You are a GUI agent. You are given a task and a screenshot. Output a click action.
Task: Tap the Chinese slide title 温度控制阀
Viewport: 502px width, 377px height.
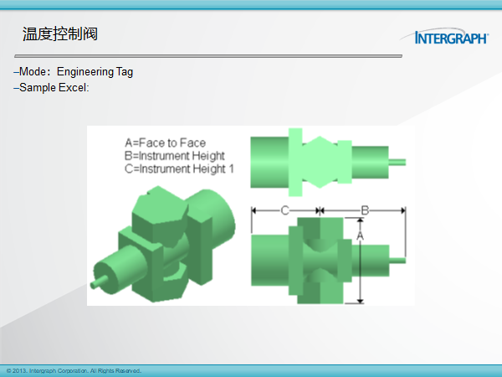coord(60,34)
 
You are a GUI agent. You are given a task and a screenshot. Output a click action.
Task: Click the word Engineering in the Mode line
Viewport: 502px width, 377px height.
coord(85,72)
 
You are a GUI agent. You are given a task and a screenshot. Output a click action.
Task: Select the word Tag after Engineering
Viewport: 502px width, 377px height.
coord(125,72)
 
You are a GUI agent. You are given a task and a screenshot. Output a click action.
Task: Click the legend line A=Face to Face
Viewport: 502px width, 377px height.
coord(165,142)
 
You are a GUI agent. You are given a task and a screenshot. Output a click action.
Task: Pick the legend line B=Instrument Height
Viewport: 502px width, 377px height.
coord(175,156)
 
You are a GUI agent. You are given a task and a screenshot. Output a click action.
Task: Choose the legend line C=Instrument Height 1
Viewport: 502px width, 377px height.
coord(179,168)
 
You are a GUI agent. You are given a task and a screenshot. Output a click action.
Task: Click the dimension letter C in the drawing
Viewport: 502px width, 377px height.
coord(284,210)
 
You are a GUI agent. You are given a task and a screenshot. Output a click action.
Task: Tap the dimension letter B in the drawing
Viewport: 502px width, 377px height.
coord(365,210)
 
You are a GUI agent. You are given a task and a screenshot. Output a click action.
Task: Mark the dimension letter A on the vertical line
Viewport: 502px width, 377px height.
coord(360,236)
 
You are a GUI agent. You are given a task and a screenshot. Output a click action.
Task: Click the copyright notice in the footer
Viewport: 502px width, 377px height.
coord(74,371)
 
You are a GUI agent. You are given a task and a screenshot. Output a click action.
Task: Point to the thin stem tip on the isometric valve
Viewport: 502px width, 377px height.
coord(95,284)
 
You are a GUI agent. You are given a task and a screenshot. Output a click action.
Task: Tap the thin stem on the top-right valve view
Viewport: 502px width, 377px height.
coord(397,163)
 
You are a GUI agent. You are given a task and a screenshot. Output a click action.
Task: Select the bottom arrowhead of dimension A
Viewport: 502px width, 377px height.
coord(360,301)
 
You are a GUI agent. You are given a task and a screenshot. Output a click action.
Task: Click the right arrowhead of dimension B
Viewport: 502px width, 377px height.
coord(402,210)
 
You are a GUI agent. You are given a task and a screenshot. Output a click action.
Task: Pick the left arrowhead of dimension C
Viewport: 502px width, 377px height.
coord(254,210)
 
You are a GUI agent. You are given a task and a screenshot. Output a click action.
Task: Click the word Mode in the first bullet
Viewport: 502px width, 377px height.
coord(33,71)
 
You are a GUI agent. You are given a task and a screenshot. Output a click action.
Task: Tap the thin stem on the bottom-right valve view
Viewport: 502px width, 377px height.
coord(397,261)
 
